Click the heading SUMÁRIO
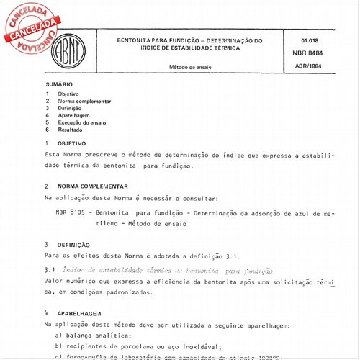pos(58,85)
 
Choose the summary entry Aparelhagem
pos(74,115)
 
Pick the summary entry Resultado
pos(71,130)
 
